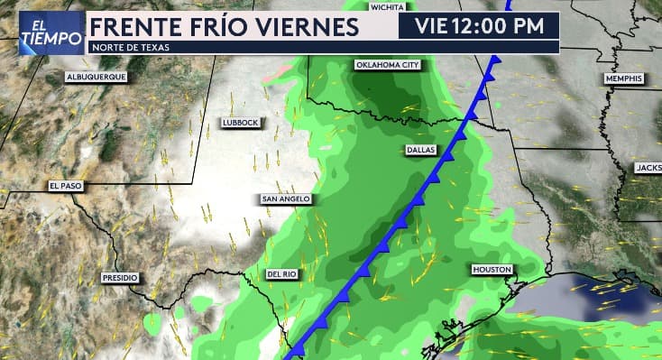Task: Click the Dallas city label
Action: tap(421, 149)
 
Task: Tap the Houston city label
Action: tap(492, 270)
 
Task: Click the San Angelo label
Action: tap(286, 198)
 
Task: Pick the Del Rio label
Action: tap(281, 273)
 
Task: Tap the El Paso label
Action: tap(66, 186)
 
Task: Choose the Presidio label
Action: tap(120, 278)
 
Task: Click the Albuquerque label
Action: tap(96, 78)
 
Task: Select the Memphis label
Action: tap(623, 79)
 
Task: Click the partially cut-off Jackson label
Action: tap(648, 168)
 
